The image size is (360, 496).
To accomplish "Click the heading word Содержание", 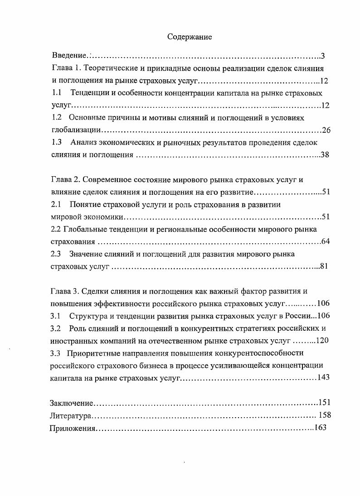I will pyautogui.click(x=189, y=37).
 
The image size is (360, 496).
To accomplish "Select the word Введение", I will pyautogui.click(x=69, y=56).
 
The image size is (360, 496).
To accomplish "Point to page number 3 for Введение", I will pyautogui.click(x=322, y=56).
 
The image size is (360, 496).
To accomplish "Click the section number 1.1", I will pyautogui.click(x=56, y=93).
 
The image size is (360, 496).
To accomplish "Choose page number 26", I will pyautogui.click(x=326, y=130).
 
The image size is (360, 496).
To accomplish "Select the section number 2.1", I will pyautogui.click(x=56, y=204).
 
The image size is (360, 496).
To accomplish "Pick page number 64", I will pyautogui.click(x=325, y=241).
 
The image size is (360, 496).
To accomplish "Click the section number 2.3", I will pyautogui.click(x=56, y=254).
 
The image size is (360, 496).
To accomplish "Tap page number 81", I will pyautogui.click(x=324, y=266).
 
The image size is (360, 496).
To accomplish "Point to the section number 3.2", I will pyautogui.click(x=56, y=328).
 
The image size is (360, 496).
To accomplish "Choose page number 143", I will pyautogui.click(x=323, y=378).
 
